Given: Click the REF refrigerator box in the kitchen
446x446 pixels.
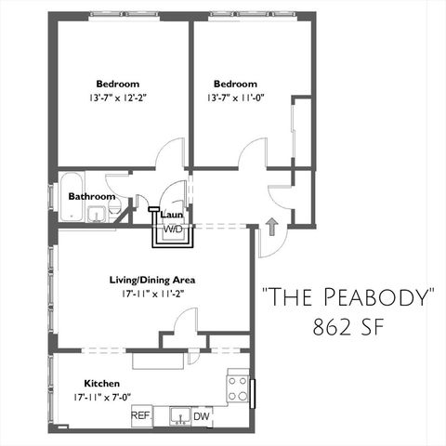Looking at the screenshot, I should [x=141, y=415].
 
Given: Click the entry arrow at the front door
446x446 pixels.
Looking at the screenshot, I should [x=271, y=225].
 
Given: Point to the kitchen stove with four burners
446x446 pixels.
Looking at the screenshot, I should [x=238, y=387].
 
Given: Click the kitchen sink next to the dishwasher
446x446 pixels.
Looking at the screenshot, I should [x=179, y=416].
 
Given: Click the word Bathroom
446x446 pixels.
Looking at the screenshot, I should [x=92, y=196].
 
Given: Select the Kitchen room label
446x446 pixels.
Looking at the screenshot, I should [x=101, y=383].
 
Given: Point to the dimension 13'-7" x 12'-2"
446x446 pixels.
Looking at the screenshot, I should [x=123, y=98].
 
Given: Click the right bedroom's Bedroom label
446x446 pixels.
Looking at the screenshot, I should [x=234, y=81].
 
